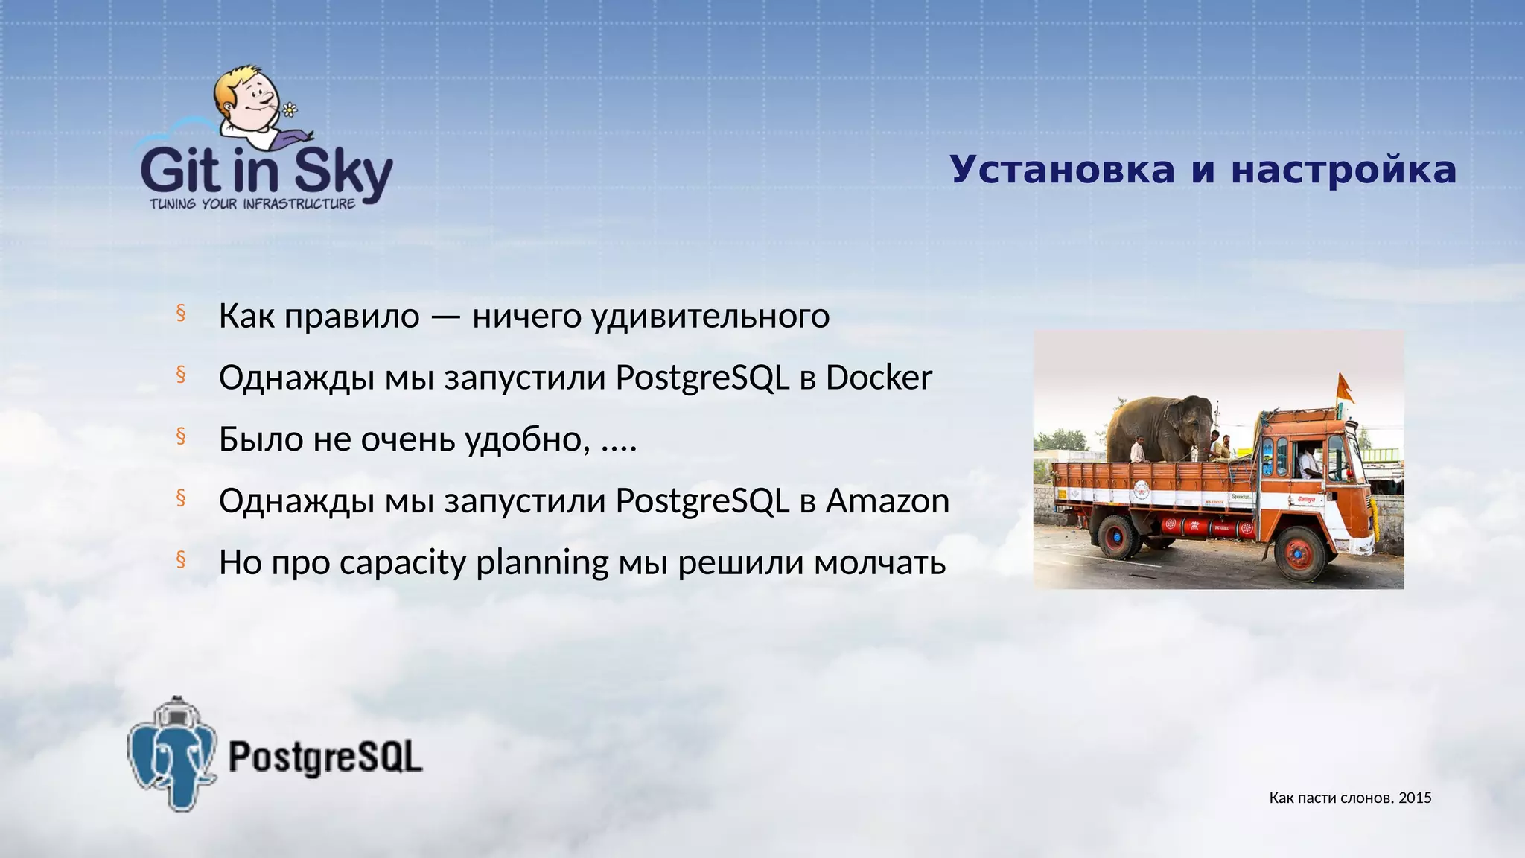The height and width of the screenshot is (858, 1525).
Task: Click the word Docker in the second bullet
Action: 879,378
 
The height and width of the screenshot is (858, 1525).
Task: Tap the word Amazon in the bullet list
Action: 887,500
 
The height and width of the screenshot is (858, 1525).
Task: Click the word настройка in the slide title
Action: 1343,170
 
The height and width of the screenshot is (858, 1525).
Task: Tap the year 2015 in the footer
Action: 1415,798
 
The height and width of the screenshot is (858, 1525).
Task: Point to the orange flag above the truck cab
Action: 1345,387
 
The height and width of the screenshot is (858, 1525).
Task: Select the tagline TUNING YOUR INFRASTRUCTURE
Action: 252,204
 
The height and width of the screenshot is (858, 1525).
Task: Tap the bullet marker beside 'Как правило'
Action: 180,314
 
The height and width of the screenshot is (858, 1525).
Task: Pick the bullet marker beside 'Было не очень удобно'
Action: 180,436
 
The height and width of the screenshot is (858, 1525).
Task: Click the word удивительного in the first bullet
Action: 710,317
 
